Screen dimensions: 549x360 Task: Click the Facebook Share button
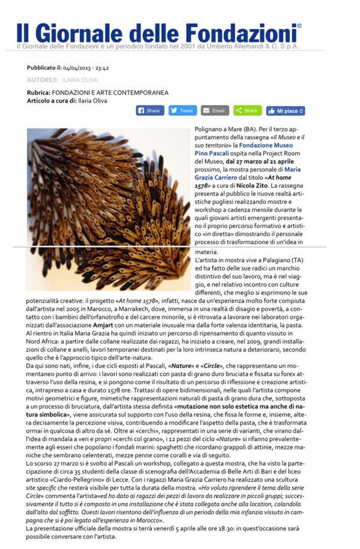click(x=150, y=110)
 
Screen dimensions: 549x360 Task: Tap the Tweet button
click(x=182, y=110)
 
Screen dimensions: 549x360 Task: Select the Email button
click(x=215, y=110)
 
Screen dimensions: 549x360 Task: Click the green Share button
click(x=247, y=110)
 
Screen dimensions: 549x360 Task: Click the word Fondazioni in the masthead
click(x=241, y=31)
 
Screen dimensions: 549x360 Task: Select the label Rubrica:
click(x=39, y=92)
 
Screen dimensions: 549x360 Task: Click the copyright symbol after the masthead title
click(x=299, y=25)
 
